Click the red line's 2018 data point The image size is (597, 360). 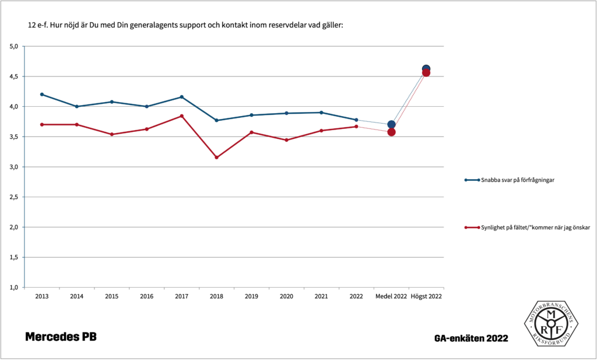pyautogui.click(x=216, y=158)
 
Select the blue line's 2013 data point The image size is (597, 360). pyautogui.click(x=42, y=94)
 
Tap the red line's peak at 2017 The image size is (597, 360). pyautogui.click(x=182, y=116)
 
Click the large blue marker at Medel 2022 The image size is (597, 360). pyautogui.click(x=391, y=124)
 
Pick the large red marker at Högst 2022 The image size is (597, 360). pyautogui.click(x=426, y=72)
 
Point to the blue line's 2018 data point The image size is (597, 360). pyautogui.click(x=216, y=120)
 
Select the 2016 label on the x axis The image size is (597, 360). pyautogui.click(x=146, y=296)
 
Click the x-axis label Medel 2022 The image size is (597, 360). pyautogui.click(x=391, y=296)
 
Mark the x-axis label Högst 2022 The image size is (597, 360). pyautogui.click(x=426, y=296)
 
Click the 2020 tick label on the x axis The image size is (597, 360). pyautogui.click(x=286, y=296)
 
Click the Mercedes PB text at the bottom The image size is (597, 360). pyautogui.click(x=61, y=337)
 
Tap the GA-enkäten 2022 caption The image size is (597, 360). pyautogui.click(x=471, y=338)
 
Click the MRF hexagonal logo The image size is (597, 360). pyautogui.click(x=550, y=324)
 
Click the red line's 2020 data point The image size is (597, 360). pyautogui.click(x=286, y=140)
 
